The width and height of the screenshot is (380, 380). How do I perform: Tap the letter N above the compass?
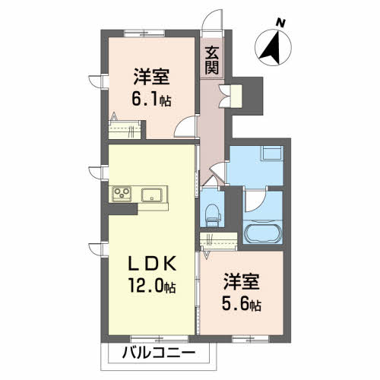(280, 23)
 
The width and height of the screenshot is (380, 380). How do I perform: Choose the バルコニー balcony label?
(158, 353)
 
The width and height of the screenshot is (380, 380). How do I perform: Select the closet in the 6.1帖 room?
(126, 125)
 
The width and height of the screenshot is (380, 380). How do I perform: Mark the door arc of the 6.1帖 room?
(185, 128)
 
